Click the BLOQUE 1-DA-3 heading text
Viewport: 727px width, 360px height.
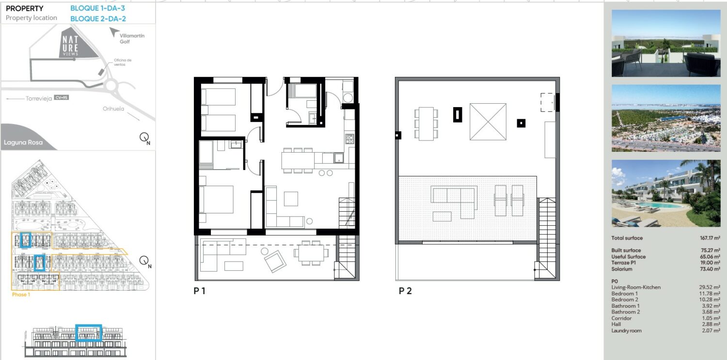(x=97, y=8)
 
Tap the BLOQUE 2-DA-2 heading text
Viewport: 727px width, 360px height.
(x=98, y=19)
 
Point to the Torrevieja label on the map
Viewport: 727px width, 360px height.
(x=39, y=98)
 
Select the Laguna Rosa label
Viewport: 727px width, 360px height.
(x=23, y=142)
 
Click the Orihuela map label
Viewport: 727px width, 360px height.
(x=113, y=109)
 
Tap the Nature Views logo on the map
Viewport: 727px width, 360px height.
(x=70, y=46)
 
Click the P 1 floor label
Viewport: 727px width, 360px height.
(x=199, y=291)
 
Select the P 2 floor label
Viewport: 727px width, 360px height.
(x=405, y=291)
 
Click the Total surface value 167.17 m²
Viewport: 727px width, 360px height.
(x=710, y=238)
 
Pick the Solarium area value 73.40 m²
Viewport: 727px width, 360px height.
(x=710, y=269)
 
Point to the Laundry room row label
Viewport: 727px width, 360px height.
(x=626, y=331)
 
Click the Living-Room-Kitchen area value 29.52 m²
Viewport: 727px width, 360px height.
(x=710, y=287)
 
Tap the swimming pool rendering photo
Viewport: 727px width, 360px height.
(x=666, y=193)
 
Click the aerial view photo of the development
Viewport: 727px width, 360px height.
(x=666, y=118)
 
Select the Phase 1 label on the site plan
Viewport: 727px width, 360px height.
(x=21, y=295)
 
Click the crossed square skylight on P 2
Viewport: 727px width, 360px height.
(x=488, y=122)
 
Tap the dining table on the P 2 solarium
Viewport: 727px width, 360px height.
(x=426, y=124)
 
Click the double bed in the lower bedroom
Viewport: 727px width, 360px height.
(x=216, y=199)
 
